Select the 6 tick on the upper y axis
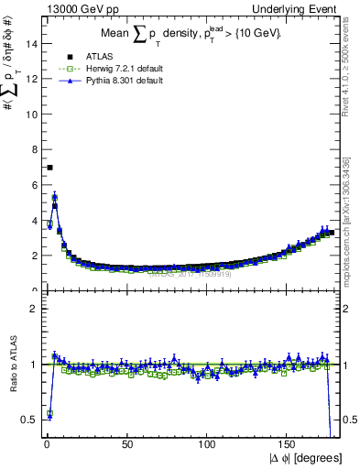(x=33, y=185)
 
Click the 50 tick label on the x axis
(x=127, y=444)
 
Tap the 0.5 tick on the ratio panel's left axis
(x=28, y=420)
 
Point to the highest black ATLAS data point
(x=49, y=167)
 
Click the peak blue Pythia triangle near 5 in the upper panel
(x=55, y=196)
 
